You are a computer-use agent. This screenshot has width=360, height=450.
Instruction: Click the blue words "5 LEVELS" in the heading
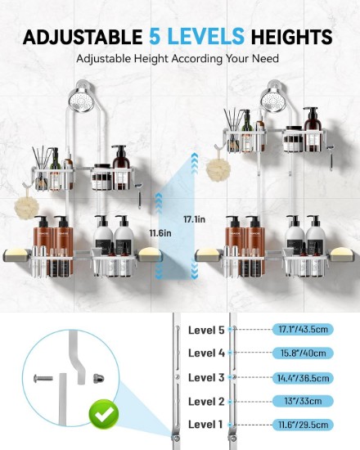point(196,37)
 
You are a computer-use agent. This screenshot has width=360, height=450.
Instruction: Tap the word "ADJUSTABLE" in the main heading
point(83,37)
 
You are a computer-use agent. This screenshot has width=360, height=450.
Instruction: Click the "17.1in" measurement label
point(195,219)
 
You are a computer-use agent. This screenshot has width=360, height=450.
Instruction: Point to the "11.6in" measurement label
point(160,233)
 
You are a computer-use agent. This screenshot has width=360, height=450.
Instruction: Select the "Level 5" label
point(206,330)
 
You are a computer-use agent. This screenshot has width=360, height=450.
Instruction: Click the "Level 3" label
point(206,377)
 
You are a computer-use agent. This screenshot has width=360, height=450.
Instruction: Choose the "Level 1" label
point(205,424)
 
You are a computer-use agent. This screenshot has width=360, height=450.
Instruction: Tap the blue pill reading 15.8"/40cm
point(303,353)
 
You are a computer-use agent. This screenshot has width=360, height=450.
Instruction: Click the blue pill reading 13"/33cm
point(303,401)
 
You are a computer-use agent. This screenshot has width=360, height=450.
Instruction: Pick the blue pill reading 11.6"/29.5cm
point(303,425)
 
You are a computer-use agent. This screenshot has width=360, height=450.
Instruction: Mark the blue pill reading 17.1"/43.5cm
point(303,329)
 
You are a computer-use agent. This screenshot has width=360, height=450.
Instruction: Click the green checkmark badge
point(104,414)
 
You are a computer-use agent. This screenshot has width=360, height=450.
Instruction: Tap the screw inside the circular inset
point(43,378)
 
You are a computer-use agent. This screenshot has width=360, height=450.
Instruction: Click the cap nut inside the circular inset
point(98,379)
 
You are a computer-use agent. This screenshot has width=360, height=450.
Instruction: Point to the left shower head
point(81,100)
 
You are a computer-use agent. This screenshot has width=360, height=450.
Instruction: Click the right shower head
point(273,100)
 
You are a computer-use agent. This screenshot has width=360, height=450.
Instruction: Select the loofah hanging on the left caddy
point(27,207)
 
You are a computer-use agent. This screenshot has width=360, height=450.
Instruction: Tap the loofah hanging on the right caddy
point(218,169)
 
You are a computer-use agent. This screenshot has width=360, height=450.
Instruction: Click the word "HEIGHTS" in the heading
point(291,37)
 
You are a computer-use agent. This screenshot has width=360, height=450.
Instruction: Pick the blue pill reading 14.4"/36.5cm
point(303,378)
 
